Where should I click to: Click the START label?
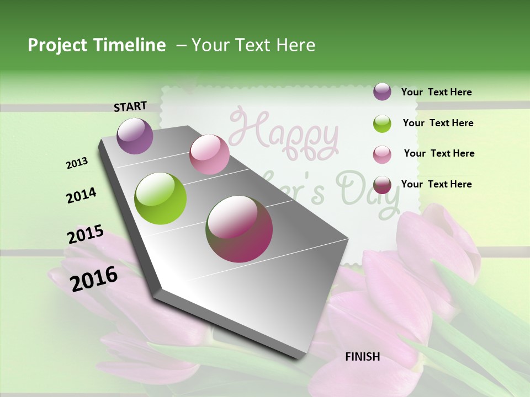(x=130, y=106)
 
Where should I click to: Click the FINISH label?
(x=363, y=357)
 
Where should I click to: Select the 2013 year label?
(x=77, y=163)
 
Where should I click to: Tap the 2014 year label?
(x=81, y=195)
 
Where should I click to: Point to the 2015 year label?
(x=86, y=234)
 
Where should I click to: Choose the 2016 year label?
(x=94, y=278)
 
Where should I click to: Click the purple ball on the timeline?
(x=135, y=136)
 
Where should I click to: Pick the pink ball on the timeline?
(x=209, y=154)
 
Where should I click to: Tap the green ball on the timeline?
(x=161, y=198)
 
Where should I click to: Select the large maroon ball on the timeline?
(x=239, y=229)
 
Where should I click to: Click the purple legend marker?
(x=382, y=92)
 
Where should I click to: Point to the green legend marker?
(x=382, y=124)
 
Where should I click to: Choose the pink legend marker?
(x=382, y=154)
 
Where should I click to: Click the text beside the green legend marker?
(x=438, y=123)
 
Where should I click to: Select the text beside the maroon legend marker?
(x=436, y=184)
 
